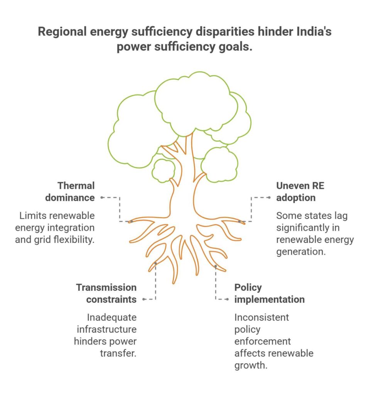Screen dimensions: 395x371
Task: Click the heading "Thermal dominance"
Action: (70, 192)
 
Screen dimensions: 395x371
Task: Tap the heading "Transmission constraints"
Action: (106, 293)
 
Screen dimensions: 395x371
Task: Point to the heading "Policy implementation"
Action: (269, 293)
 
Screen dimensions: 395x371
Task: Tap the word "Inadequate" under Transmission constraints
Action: (111, 318)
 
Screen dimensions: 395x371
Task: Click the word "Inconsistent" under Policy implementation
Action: (261, 318)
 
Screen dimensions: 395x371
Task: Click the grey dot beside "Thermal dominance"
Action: (102, 197)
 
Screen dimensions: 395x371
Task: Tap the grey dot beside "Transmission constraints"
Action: (143, 299)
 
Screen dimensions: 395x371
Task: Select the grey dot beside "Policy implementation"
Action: (227, 299)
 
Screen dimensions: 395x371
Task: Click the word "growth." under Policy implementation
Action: (251, 365)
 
